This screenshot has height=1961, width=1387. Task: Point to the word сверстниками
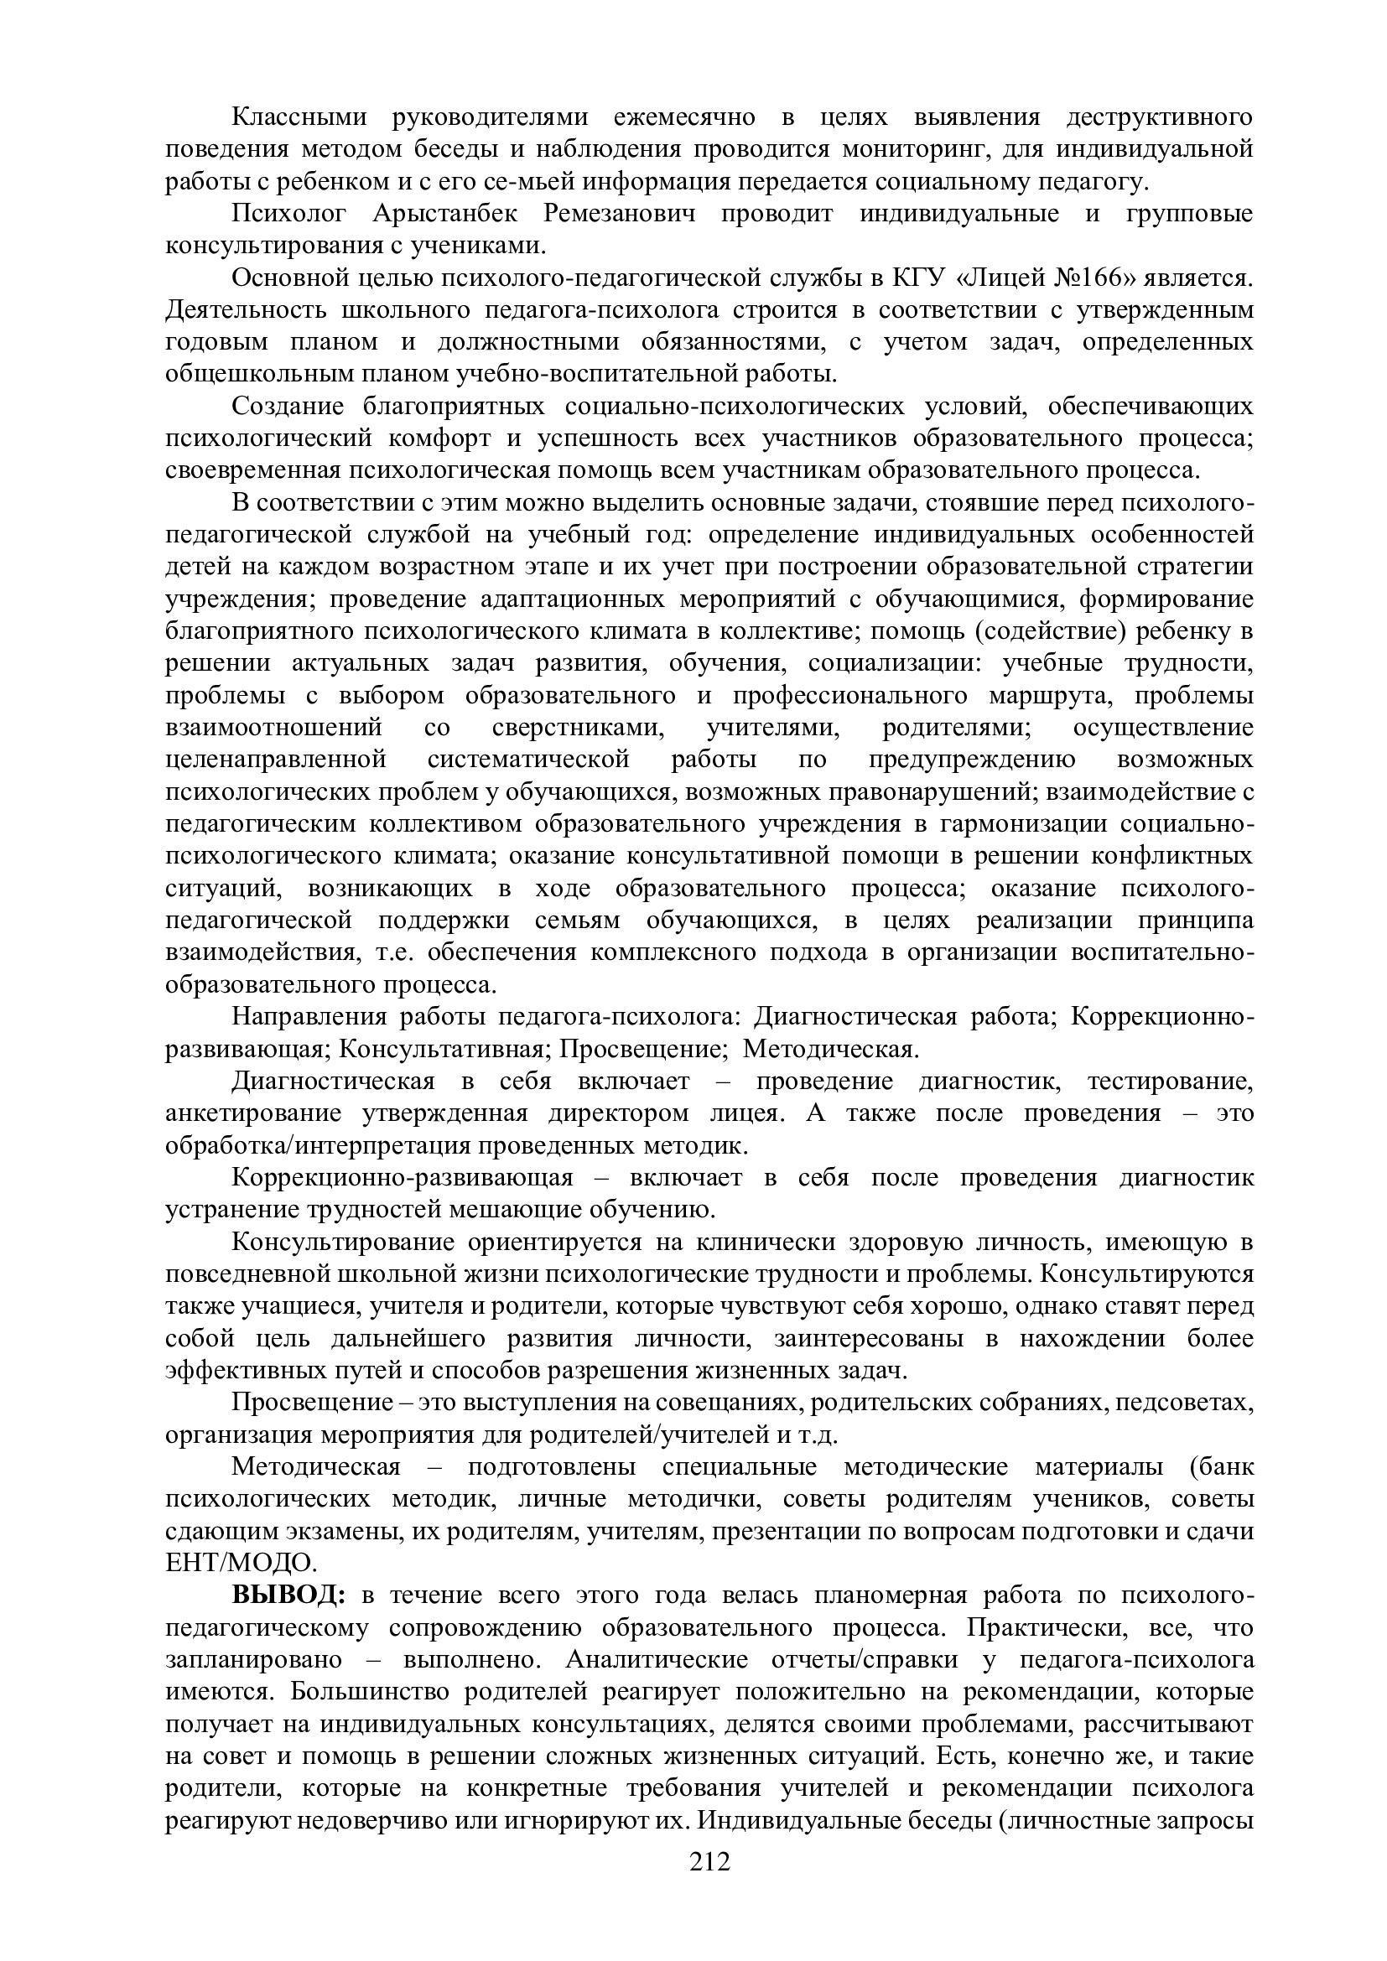pos(580,728)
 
